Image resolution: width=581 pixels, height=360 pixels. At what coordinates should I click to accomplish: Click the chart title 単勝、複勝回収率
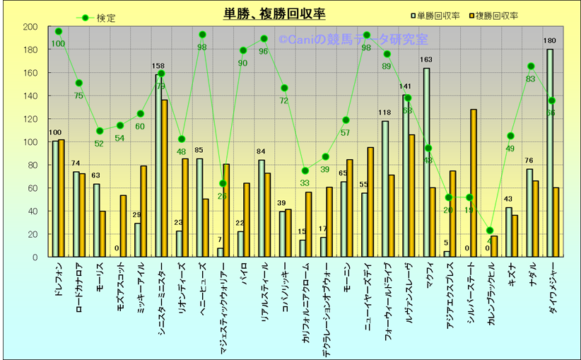tap(274, 13)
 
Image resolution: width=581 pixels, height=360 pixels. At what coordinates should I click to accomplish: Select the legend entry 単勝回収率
tap(439, 15)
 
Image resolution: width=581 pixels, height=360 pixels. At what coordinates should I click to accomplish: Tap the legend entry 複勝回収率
tap(495, 15)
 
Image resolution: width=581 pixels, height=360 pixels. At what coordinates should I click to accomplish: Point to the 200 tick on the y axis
tap(30, 27)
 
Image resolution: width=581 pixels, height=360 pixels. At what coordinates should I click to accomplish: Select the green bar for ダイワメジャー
tap(550, 153)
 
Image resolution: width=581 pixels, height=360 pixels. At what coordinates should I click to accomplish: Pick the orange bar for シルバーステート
tap(474, 183)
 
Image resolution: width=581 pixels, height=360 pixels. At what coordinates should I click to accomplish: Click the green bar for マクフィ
tap(426, 163)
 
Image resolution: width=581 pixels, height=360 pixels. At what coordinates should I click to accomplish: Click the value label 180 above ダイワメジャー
tap(550, 41)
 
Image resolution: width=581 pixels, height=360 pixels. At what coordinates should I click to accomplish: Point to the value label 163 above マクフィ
tap(426, 60)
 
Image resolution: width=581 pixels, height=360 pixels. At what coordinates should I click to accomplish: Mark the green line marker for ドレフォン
tap(59, 32)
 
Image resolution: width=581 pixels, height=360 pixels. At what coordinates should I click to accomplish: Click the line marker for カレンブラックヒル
tap(490, 231)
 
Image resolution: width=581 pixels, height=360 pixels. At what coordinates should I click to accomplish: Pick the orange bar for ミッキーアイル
tap(143, 211)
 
